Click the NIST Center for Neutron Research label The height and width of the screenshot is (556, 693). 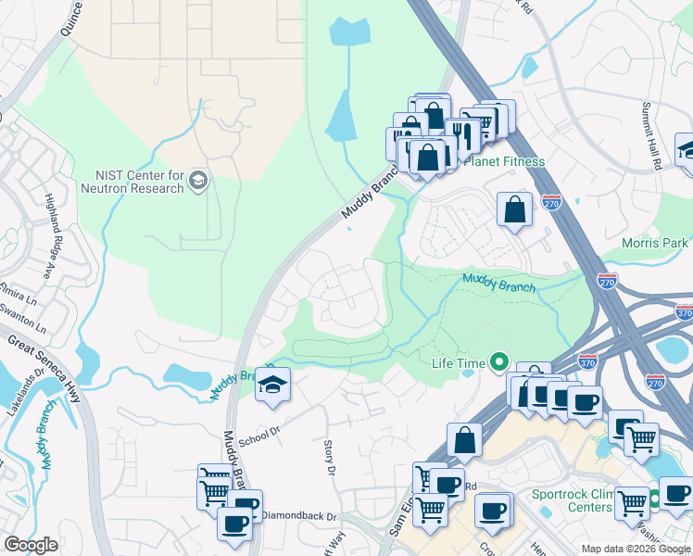[140, 182]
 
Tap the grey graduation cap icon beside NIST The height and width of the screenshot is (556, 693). [197, 179]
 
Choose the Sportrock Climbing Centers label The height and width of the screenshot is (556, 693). [571, 500]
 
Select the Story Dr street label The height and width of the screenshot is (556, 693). [329, 459]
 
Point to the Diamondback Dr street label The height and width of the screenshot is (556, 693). [296, 516]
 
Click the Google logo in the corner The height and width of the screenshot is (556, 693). [31, 545]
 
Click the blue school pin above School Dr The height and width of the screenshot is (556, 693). [272, 385]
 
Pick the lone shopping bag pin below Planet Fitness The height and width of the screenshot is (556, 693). [514, 209]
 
